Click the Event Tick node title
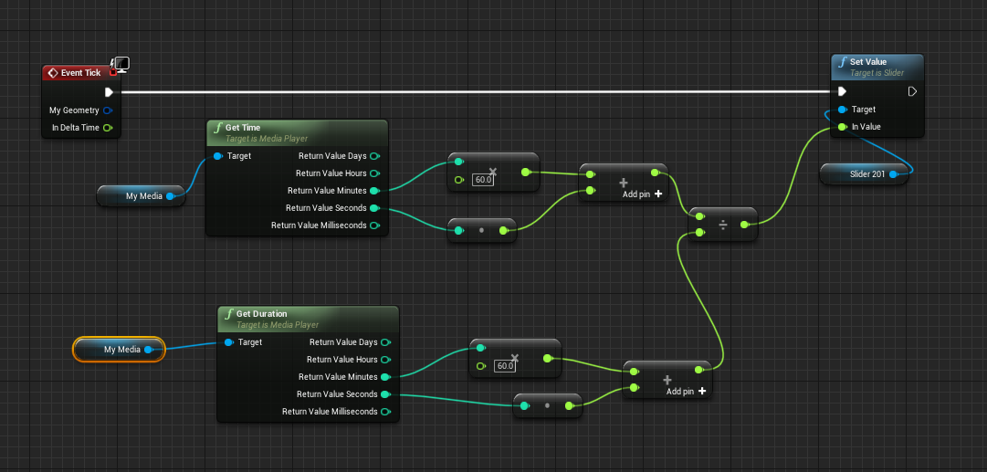[80, 73]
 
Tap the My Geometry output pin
[108, 110]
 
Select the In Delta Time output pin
[108, 128]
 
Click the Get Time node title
[243, 128]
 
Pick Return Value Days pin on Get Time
[374, 156]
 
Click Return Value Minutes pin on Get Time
[374, 191]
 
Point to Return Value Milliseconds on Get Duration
[385, 412]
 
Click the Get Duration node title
[261, 314]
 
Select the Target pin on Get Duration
[228, 342]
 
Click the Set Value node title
[868, 62]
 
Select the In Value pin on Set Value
[842, 127]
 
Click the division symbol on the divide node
[723, 225]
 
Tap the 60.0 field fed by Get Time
[483, 180]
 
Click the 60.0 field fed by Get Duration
[504, 366]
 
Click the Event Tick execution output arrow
[109, 92]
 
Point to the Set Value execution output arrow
[912, 91]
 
